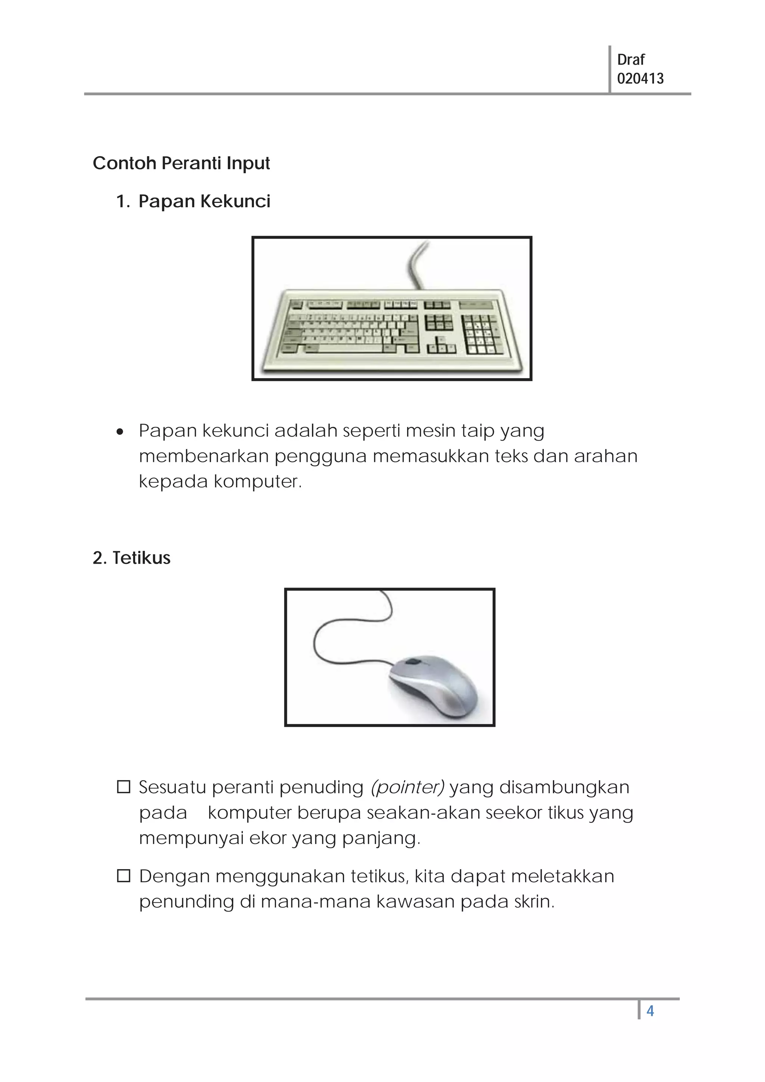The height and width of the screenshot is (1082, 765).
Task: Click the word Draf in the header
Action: tap(630, 60)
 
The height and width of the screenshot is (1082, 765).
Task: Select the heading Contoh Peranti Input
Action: tap(181, 163)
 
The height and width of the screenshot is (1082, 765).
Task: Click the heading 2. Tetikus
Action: tap(131, 558)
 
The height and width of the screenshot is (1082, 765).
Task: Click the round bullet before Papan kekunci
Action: tap(120, 432)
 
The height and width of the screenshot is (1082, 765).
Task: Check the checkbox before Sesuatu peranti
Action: tap(124, 787)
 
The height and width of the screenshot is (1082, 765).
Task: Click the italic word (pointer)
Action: tap(407, 787)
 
